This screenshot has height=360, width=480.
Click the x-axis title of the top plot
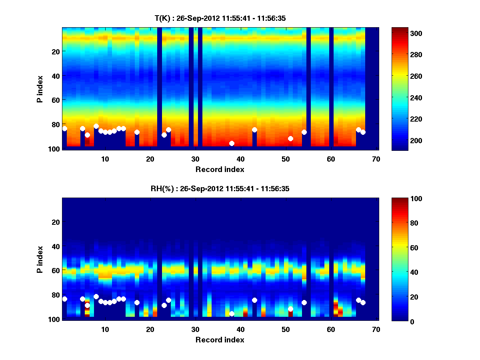(220, 169)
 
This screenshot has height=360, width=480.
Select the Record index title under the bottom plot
(220, 340)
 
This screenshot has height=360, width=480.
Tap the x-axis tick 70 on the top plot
(376, 159)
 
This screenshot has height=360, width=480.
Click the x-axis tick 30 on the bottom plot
(195, 329)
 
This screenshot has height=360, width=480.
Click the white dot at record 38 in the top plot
(232, 143)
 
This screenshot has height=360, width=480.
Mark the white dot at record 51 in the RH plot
(290, 309)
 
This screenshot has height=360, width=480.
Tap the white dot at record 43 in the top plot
(254, 130)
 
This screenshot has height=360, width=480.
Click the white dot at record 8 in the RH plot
(96, 296)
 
